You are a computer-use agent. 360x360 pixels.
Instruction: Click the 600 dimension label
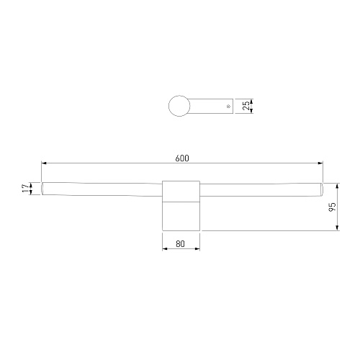pyautogui.click(x=182, y=158)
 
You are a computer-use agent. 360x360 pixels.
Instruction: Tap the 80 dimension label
pyautogui.click(x=180, y=244)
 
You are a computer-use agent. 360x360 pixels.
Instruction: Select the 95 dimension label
pyautogui.click(x=332, y=207)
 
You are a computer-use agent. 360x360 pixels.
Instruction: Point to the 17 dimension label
pyautogui.click(x=25, y=188)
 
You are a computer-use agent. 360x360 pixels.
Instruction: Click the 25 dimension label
pyautogui.click(x=246, y=106)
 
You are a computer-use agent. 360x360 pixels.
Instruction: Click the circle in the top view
pyautogui.click(x=179, y=106)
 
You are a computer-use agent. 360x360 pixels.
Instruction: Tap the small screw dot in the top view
pyautogui.click(x=228, y=106)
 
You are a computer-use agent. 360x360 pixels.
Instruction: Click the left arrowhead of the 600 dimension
pyautogui.click(x=44, y=163)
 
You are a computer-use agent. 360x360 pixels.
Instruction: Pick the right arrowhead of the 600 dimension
pyautogui.click(x=320, y=163)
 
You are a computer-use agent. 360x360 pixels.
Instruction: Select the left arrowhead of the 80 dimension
pyautogui.click(x=165, y=248)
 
